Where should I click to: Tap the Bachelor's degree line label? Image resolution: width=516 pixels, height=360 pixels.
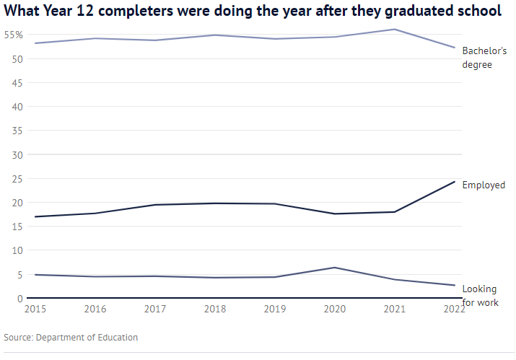pyautogui.click(x=484, y=58)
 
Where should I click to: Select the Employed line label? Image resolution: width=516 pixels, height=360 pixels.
pyautogui.click(x=484, y=185)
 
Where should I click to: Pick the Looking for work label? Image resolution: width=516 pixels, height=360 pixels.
pyautogui.click(x=480, y=296)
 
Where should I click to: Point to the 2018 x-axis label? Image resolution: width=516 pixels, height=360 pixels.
pyautogui.click(x=214, y=309)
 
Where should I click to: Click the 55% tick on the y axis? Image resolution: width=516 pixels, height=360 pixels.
pyautogui.click(x=14, y=35)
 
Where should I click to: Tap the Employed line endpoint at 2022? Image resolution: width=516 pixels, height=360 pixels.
pyautogui.click(x=455, y=181)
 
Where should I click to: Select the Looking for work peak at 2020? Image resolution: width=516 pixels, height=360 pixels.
pyautogui.click(x=334, y=268)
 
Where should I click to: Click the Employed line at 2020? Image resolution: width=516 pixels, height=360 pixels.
pyautogui.click(x=334, y=214)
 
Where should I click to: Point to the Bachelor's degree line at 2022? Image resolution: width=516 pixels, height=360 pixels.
pyautogui.click(x=455, y=48)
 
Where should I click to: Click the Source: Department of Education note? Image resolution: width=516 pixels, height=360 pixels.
pyautogui.click(x=71, y=338)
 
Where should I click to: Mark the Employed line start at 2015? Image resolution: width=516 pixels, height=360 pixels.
pyautogui.click(x=35, y=216)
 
